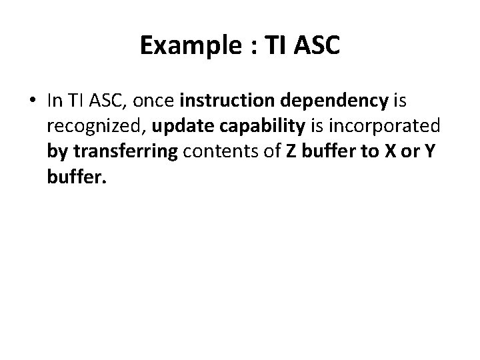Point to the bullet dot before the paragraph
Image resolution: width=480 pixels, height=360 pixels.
tap(33, 101)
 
